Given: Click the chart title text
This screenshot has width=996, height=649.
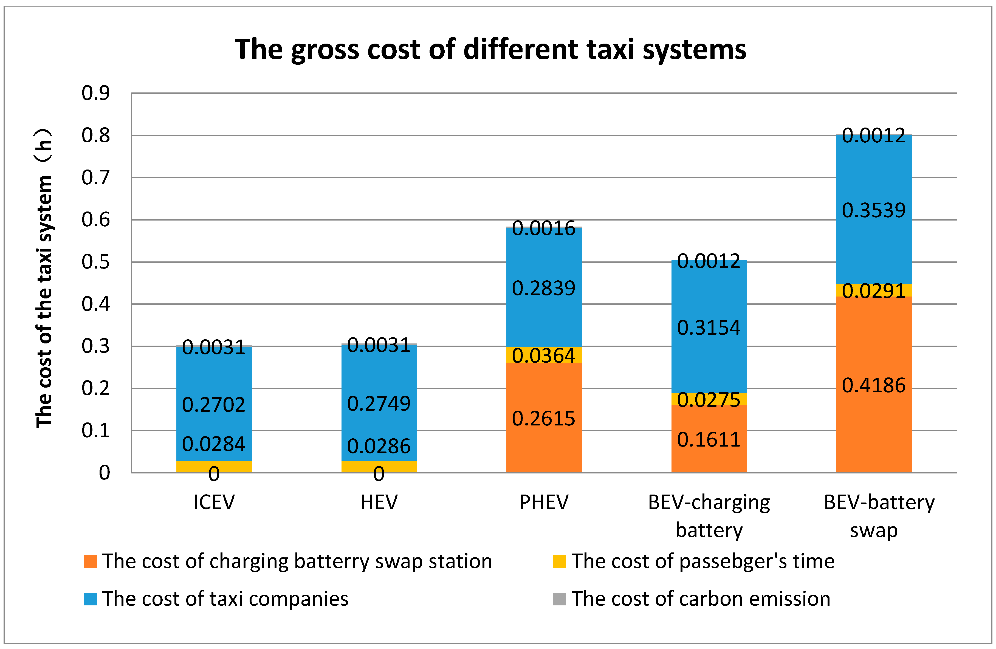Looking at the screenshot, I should pyautogui.click(x=490, y=49).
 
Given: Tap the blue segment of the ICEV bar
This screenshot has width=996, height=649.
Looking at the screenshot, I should pyautogui.click(x=214, y=377).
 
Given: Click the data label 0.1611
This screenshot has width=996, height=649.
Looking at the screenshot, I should pyautogui.click(x=709, y=440).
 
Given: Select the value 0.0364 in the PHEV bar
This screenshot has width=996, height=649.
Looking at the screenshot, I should pyautogui.click(x=544, y=356).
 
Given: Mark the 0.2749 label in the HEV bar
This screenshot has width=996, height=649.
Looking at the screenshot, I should pyautogui.click(x=379, y=404).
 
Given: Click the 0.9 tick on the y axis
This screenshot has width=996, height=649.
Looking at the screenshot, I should pyautogui.click(x=95, y=93).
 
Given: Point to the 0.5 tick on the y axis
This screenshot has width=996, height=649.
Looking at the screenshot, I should pyautogui.click(x=95, y=262).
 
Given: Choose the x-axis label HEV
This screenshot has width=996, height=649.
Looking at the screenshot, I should pyautogui.click(x=379, y=502).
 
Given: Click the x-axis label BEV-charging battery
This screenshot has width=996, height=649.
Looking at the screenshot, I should pyautogui.click(x=709, y=515).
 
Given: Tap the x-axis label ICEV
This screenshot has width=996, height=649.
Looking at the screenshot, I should pyautogui.click(x=214, y=502).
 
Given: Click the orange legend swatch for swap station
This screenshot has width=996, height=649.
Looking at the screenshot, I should pyautogui.click(x=91, y=561).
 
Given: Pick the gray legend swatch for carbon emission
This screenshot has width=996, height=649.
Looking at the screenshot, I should pyautogui.click(x=560, y=599).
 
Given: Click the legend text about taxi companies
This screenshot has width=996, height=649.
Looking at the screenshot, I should pyautogui.click(x=225, y=599).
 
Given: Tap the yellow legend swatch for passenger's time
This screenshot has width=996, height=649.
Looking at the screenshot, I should pyautogui.click(x=560, y=561).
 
